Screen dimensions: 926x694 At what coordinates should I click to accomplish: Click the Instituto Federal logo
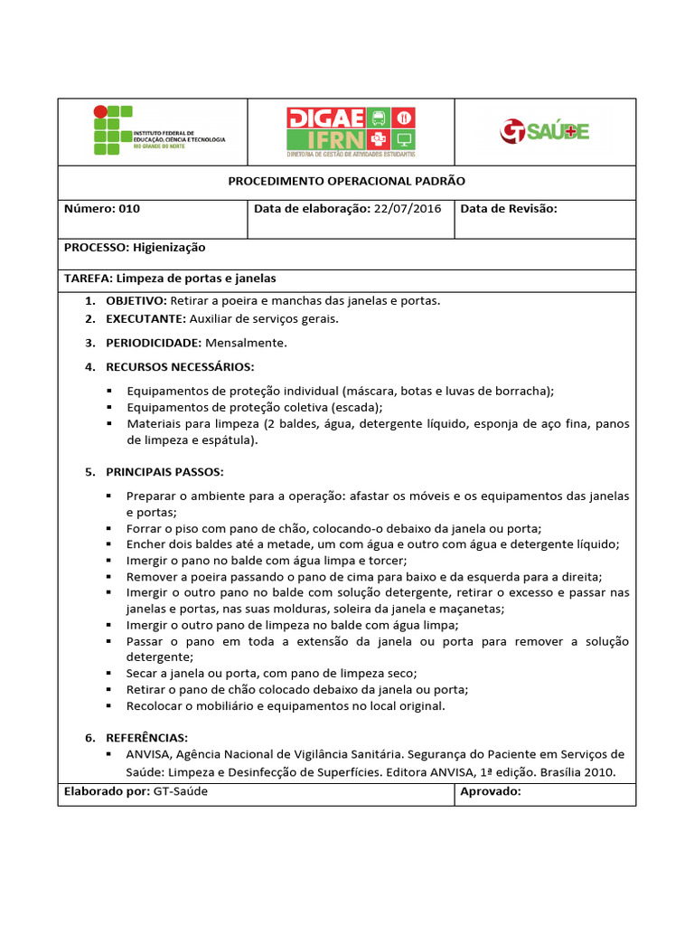pyautogui.click(x=158, y=132)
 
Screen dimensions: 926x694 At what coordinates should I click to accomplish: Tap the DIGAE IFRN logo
pyautogui.click(x=349, y=132)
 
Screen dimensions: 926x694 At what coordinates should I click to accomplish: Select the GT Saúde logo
pyautogui.click(x=544, y=132)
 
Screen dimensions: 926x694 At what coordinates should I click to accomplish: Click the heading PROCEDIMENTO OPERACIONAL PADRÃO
pyautogui.click(x=346, y=182)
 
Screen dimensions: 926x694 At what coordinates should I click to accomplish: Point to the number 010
pyautogui.click(x=128, y=209)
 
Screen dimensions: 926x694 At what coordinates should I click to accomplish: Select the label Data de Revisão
pyautogui.click(x=509, y=209)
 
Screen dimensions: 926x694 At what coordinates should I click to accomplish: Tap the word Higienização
pyautogui.click(x=169, y=248)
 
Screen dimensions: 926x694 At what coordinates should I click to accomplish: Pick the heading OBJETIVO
pyautogui.click(x=136, y=300)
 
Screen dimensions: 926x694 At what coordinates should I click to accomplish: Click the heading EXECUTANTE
pyautogui.click(x=145, y=319)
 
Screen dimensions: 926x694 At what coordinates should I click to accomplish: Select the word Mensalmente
pyautogui.click(x=246, y=344)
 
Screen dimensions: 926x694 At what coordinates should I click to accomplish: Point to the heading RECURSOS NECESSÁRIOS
pyautogui.click(x=180, y=367)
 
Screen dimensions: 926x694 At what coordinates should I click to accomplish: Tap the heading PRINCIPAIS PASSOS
pyautogui.click(x=164, y=472)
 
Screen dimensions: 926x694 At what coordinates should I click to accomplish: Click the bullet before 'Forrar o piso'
pyautogui.click(x=108, y=529)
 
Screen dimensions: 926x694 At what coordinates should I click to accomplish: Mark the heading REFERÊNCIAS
pyautogui.click(x=146, y=738)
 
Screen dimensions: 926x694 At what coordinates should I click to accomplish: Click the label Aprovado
pyautogui.click(x=490, y=791)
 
